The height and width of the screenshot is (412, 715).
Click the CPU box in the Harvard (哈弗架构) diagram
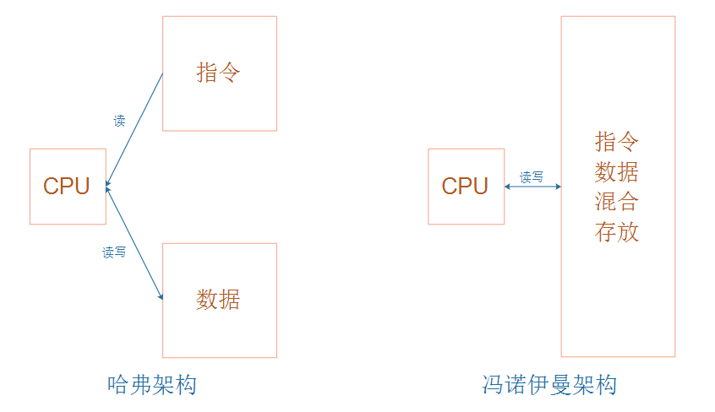pos(68,187)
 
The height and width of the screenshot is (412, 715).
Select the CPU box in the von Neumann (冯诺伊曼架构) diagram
pos(466,187)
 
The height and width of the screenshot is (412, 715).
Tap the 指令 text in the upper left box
pos(219,73)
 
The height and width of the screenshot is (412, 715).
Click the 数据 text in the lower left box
pos(219,299)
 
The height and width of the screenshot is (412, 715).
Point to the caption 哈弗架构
pos(153,386)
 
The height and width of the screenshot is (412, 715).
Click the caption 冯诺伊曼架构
pos(549,386)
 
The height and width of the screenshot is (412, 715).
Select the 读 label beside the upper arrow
pos(119,121)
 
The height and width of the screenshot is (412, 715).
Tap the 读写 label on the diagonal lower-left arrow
pos(114,252)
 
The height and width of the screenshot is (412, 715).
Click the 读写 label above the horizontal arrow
pos(532,176)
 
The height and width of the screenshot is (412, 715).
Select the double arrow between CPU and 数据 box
pos(134,242)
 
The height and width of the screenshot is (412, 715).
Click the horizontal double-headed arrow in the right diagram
pos(533,187)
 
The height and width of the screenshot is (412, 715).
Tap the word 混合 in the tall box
pos(617,202)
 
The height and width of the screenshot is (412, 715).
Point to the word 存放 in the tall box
pos(617,231)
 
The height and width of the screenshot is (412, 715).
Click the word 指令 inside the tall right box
pos(617,141)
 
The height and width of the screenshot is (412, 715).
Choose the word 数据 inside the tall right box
pos(617,171)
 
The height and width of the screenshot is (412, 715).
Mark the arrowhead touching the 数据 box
pos(160,296)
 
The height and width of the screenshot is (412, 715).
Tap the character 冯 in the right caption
pos(488,386)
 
